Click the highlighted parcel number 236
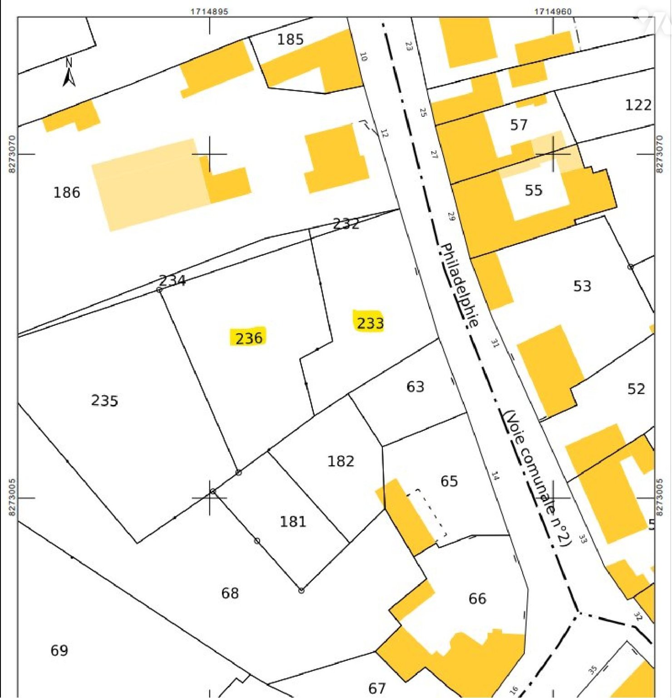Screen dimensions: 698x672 [x=249, y=338]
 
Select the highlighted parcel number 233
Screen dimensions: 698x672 [x=370, y=323]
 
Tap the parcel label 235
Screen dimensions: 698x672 [x=104, y=400]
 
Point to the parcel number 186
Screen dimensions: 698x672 [x=67, y=192]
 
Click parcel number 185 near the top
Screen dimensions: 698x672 [x=290, y=40]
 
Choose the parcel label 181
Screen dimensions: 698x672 [x=293, y=521]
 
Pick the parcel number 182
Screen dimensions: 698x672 [x=341, y=461]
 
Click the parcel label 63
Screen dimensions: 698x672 [x=415, y=387]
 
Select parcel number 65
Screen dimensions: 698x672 [x=449, y=481]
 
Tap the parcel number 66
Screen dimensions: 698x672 [x=477, y=598]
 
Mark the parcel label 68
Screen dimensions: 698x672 [x=230, y=593]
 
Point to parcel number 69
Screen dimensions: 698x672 [x=59, y=650]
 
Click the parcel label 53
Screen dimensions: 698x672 [x=582, y=286]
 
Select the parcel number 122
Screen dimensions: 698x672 [x=638, y=105]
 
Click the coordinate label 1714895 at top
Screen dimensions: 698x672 [x=209, y=11]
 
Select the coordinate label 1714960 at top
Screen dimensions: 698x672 [x=553, y=11]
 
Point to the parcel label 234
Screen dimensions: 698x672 [x=173, y=280]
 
